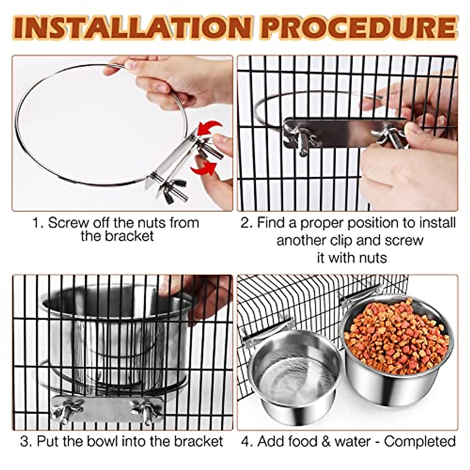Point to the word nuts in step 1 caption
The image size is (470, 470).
(x=152, y=223)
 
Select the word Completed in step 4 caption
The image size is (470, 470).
(x=419, y=441)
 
